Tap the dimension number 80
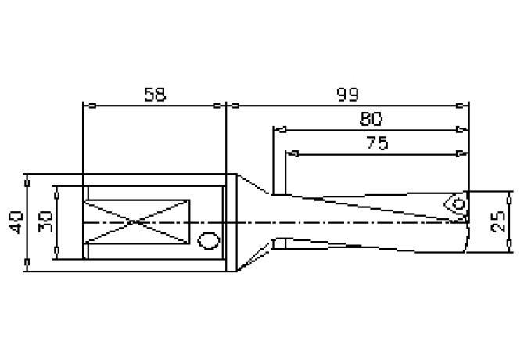(371, 119)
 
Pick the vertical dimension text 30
(46, 222)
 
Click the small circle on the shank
(209, 240)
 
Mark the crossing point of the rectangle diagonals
(137, 223)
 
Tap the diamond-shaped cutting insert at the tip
(456, 203)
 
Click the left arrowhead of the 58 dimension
(87, 105)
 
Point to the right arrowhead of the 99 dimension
(464, 105)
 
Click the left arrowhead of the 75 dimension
(289, 153)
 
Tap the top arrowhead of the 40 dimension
(27, 178)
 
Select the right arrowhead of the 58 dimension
(221, 105)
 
